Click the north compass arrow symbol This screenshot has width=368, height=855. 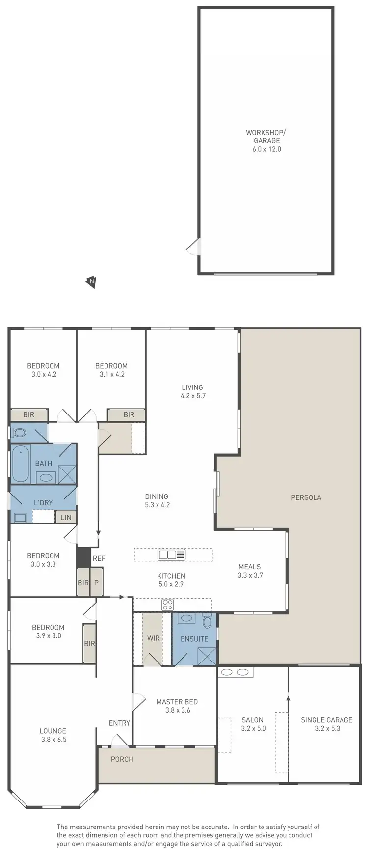pyautogui.click(x=91, y=282)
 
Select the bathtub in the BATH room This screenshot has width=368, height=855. pyautogui.click(x=21, y=464)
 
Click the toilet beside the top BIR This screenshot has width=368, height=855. pyautogui.click(x=19, y=433)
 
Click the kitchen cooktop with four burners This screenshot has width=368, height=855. pyautogui.click(x=168, y=605)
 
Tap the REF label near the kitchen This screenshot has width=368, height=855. pyautogui.click(x=99, y=558)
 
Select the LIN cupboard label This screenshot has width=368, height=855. pyautogui.click(x=66, y=517)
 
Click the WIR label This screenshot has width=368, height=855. pyautogui.click(x=153, y=638)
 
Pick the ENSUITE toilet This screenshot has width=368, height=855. pyautogui.click(x=208, y=622)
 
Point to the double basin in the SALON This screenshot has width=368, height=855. pyautogui.click(x=236, y=672)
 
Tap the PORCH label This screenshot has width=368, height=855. pyautogui.click(x=122, y=759)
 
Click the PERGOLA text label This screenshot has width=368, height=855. pyautogui.click(x=306, y=497)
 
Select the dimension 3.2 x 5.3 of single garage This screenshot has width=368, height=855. pyautogui.click(x=326, y=728)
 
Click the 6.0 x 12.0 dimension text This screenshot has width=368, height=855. pyautogui.click(x=266, y=149)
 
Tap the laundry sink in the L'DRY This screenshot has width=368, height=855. pyautogui.click(x=20, y=517)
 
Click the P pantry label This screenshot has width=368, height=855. pyautogui.click(x=97, y=583)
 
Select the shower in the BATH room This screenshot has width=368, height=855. pyautogui.click(x=67, y=475)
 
